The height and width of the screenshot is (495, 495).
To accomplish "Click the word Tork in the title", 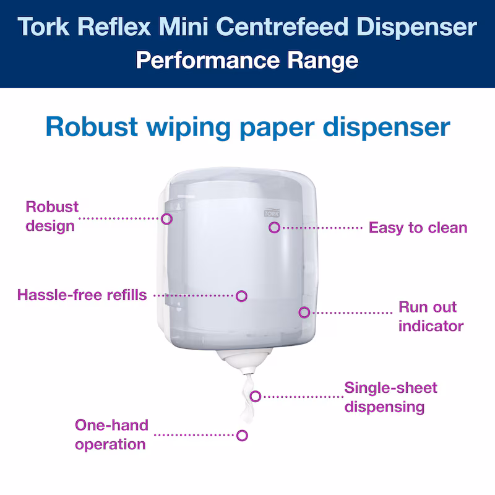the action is click(43, 27).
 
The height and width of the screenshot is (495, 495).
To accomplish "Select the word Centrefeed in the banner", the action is click(282, 27).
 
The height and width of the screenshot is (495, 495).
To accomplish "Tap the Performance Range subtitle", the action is click(247, 60).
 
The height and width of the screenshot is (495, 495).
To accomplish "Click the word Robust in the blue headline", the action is click(92, 127).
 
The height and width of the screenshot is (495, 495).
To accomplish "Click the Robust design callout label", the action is click(52, 217).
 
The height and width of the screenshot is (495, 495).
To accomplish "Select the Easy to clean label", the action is click(418, 228).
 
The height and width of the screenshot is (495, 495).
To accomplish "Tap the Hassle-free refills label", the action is click(82, 295).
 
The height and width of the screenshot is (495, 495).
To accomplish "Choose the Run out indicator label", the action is click(431, 316).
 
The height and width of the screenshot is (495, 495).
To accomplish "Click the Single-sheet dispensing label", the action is click(391, 397).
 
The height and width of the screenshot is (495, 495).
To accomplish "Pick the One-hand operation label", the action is click(112, 435).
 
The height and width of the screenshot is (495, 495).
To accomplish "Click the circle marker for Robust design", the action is click(166, 219).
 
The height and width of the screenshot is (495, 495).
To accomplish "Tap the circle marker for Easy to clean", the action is click(274, 227).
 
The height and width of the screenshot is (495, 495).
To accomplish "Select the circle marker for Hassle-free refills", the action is click(241, 296).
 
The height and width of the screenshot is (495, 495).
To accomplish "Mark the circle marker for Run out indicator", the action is click(304, 312).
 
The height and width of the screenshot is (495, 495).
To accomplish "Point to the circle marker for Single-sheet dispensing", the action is click(256, 397).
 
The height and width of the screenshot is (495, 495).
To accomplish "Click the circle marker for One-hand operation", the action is click(242, 436).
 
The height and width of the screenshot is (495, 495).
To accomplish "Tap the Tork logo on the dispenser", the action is click(272, 213).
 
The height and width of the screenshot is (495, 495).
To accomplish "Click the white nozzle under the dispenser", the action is click(244, 361).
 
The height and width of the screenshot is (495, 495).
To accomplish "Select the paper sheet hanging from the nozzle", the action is click(247, 398).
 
